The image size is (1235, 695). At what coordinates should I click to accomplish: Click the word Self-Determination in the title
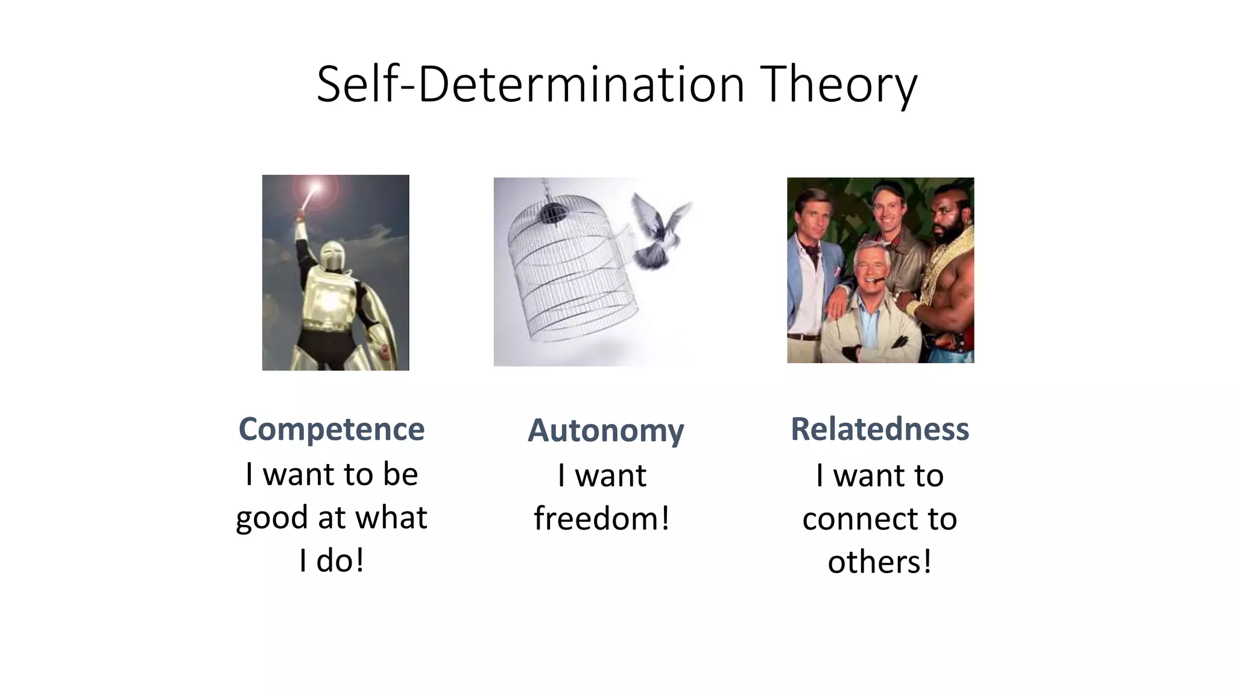531,85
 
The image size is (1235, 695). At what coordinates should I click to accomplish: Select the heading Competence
332,430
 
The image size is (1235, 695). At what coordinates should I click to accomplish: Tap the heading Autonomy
605,431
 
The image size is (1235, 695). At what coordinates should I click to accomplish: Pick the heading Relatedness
880,430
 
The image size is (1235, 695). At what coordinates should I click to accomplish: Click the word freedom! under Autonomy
602,518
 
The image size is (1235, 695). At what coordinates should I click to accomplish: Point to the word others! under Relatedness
880,562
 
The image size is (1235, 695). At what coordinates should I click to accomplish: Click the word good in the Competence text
271,518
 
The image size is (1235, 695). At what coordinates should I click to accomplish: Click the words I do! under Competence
332,561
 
